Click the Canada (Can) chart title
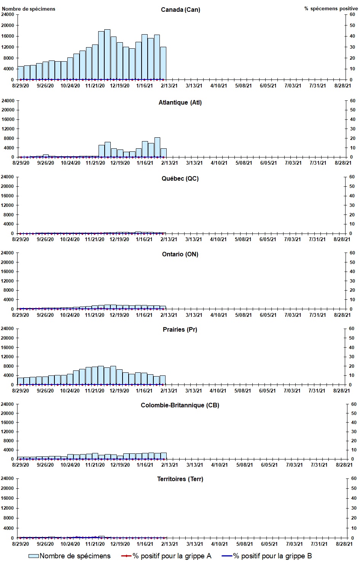180,10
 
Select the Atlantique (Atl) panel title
180,102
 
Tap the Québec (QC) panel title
180,178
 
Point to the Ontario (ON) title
180,254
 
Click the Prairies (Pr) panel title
180,329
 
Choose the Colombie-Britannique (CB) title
180,405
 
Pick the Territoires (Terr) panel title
180,479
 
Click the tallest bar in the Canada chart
107,55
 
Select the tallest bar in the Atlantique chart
157,147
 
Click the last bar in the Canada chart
163,64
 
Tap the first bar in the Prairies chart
20,381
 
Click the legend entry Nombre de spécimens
70,556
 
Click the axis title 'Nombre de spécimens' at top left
29,9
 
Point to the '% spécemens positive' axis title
331,9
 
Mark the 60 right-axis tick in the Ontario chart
352,253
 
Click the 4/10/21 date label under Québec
218,239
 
